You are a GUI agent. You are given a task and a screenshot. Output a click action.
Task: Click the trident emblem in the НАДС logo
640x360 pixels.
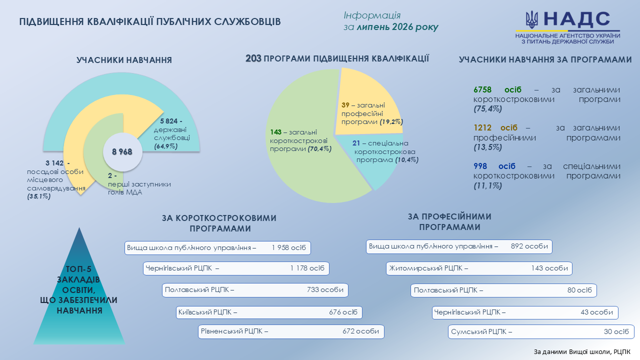tap(531, 19)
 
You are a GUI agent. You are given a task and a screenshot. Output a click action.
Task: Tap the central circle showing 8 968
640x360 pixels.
tap(122, 151)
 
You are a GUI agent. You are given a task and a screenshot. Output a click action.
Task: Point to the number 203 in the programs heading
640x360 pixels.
tap(253, 58)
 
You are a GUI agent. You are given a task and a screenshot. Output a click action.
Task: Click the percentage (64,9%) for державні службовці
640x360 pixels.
tap(166, 146)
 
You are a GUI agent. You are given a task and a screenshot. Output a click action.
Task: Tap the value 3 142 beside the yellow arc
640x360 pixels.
tap(54, 163)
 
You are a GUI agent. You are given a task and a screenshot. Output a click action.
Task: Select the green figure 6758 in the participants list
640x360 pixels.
tap(482, 89)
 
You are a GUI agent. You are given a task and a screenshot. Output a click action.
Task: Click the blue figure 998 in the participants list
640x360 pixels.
tap(480, 166)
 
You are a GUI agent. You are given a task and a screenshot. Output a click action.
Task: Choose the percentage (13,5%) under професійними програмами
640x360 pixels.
tap(487, 147)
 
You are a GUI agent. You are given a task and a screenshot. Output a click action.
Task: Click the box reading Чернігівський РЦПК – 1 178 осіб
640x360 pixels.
tap(236, 268)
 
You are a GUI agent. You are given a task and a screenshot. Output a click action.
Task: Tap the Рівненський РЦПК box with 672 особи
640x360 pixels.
tap(291, 331)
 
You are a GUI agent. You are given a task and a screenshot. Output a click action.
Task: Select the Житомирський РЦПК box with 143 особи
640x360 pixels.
tap(479, 268)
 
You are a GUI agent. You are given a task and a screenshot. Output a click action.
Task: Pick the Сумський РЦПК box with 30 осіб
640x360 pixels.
tap(541, 331)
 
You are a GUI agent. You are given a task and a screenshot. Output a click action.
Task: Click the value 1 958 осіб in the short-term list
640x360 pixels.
tap(289, 247)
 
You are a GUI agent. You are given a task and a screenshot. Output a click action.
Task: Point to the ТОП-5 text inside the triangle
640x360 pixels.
tap(78, 269)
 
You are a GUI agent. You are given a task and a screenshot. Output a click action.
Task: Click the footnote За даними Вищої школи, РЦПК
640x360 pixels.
tap(582, 352)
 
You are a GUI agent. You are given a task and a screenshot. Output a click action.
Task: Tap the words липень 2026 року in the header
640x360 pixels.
tap(397, 27)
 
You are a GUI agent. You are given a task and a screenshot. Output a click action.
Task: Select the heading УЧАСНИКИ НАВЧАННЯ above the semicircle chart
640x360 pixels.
tap(124, 60)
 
